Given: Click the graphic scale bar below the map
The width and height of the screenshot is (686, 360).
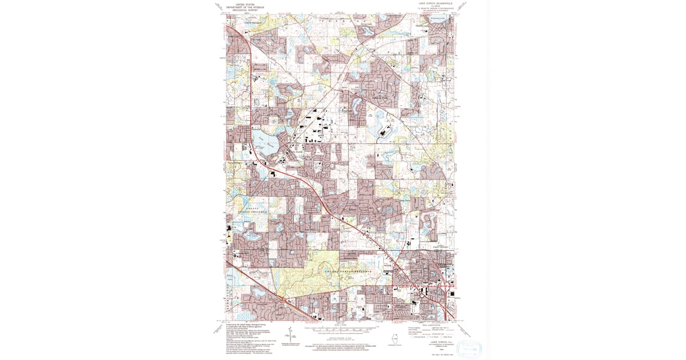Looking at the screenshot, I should click(x=342, y=330).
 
